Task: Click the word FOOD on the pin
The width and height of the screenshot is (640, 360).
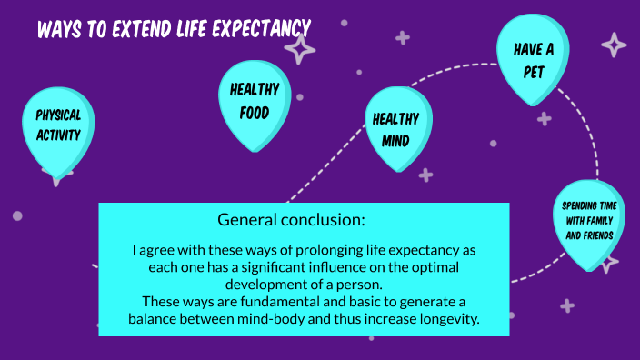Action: click(254, 114)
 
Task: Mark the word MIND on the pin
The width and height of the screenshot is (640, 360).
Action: click(395, 140)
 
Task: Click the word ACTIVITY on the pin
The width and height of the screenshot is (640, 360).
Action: click(58, 135)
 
